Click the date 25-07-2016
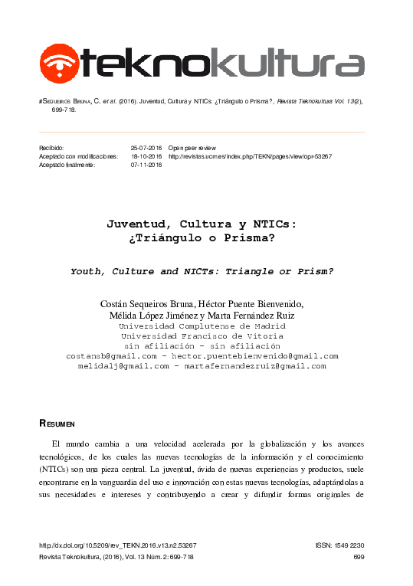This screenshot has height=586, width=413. (x=146, y=147)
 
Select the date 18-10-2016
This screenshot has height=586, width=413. (x=146, y=156)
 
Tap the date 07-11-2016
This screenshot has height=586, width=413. (x=146, y=165)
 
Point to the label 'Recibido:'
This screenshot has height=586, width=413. (x=53, y=147)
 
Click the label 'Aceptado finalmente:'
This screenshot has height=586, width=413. (x=67, y=165)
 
